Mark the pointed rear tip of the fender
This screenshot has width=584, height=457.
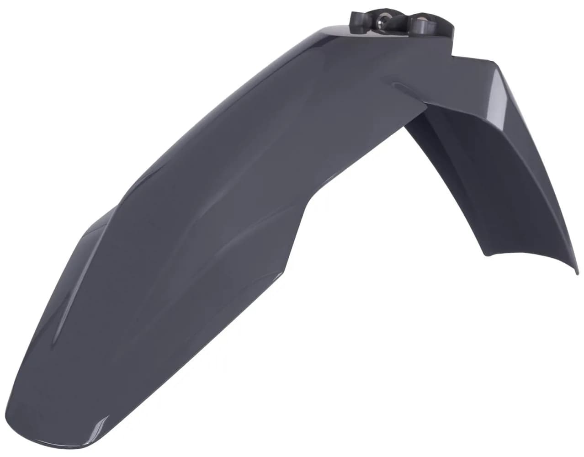[x=577, y=272]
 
